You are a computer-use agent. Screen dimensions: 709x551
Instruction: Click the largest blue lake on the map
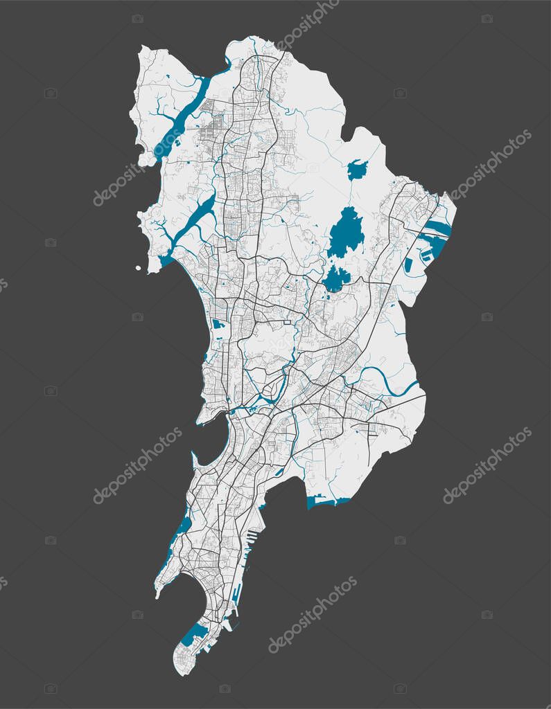click(x=346, y=233)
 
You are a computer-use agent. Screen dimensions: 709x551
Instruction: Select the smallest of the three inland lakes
click(x=357, y=169)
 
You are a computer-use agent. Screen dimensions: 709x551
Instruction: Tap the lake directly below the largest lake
click(x=336, y=278)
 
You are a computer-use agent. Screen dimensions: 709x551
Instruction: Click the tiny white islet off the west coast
click(x=138, y=268)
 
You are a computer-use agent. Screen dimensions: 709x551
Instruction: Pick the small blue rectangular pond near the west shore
click(x=218, y=323)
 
